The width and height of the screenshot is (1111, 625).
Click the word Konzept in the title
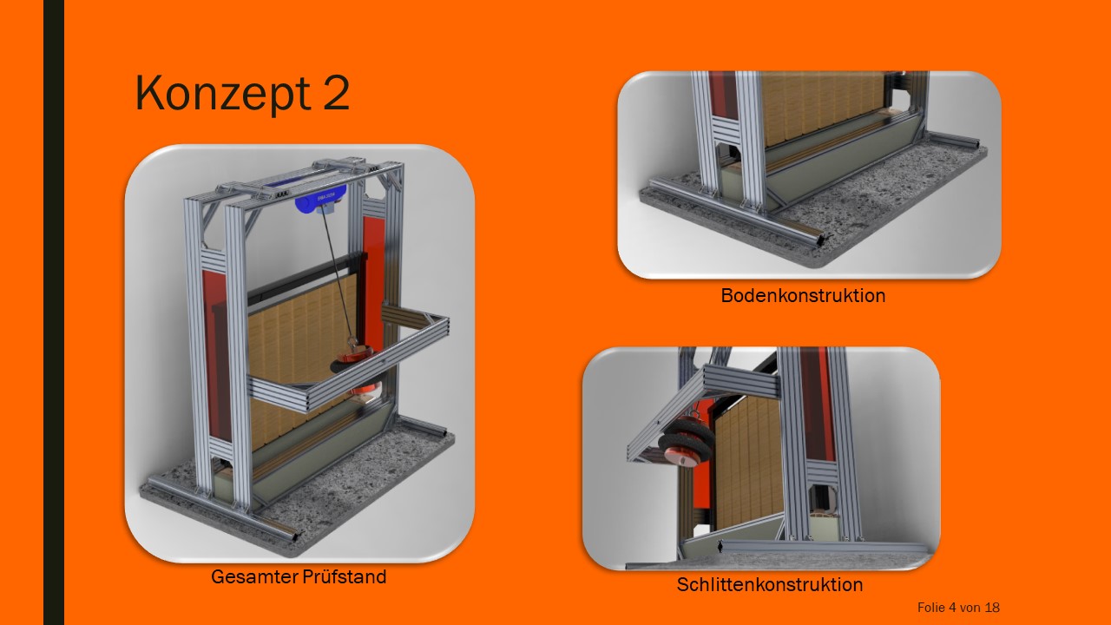click(x=223, y=93)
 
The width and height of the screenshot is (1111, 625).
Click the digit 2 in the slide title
click(x=336, y=92)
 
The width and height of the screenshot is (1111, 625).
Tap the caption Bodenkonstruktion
click(x=803, y=296)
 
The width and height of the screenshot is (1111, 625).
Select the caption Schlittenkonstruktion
click(x=770, y=584)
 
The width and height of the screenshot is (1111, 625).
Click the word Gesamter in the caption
click(x=253, y=577)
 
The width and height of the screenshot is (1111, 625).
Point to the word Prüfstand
click(x=344, y=576)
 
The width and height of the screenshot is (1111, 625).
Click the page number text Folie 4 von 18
click(x=958, y=608)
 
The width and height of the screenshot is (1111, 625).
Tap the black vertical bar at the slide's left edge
click(x=54, y=312)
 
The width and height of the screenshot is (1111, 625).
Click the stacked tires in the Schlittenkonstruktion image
click(x=686, y=439)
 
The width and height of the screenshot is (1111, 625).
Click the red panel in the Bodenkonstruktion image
click(x=723, y=95)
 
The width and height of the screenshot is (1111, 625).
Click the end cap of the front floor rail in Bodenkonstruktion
click(x=821, y=240)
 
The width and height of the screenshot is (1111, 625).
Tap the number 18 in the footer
click(x=992, y=608)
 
